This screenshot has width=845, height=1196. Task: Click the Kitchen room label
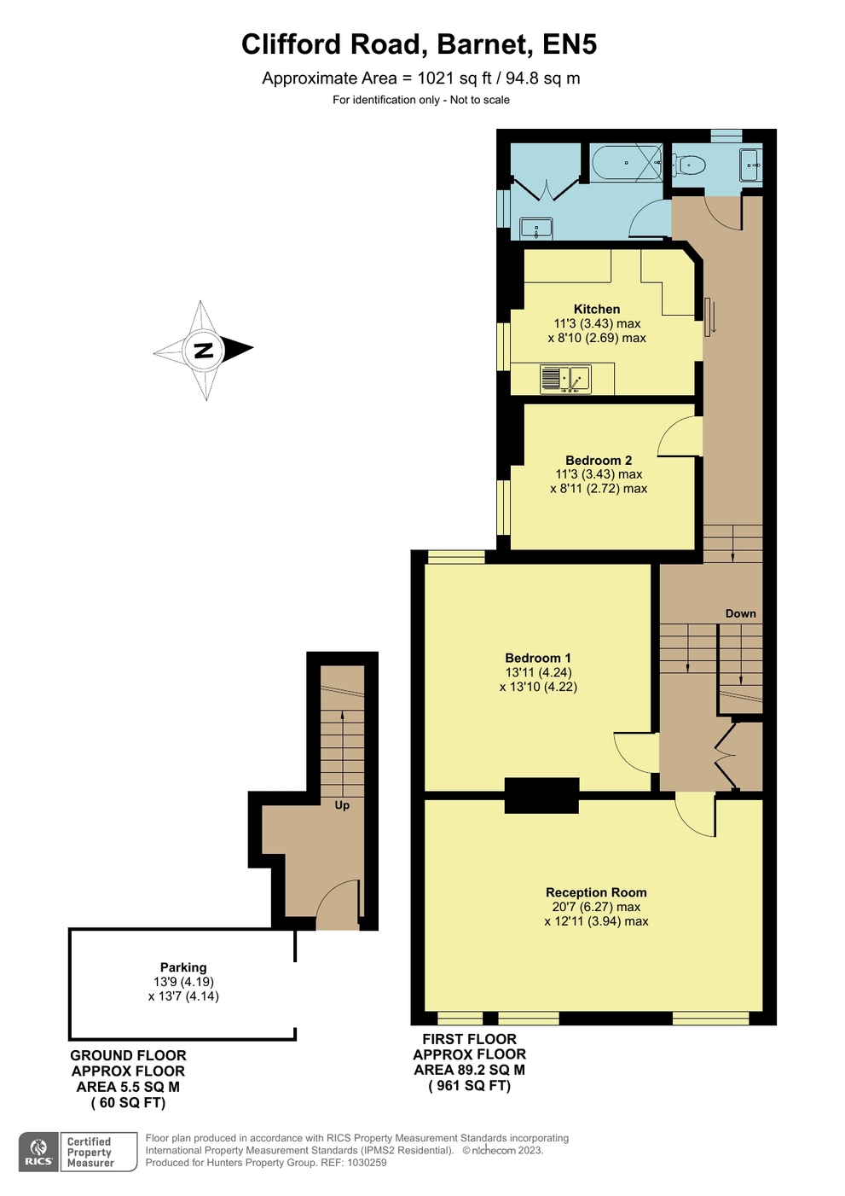coord(597,309)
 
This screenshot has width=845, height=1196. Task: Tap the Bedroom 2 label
coord(599,461)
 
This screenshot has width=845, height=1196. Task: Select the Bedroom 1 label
coord(538,658)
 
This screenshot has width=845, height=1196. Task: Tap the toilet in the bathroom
coord(689,164)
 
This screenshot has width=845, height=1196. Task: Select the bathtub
coord(627,163)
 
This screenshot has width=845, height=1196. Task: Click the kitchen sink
coord(565,379)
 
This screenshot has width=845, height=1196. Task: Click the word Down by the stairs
coord(740,613)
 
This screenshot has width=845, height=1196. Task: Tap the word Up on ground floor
coord(342,804)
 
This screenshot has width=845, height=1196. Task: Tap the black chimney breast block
coord(541,796)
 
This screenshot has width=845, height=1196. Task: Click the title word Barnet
coord(484,45)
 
